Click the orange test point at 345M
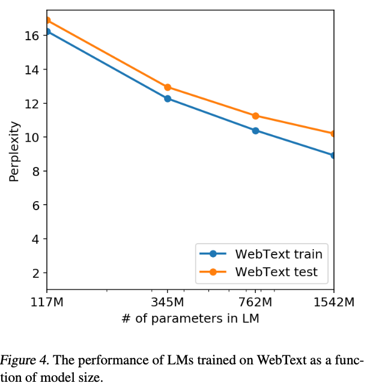168,87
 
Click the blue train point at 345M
168,98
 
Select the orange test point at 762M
256,116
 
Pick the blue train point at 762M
256,130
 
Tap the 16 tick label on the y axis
32,36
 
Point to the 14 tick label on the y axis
32,70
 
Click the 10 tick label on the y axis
32,137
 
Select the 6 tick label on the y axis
35,205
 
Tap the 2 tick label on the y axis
35,273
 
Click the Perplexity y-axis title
14,152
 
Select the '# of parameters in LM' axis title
190,319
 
